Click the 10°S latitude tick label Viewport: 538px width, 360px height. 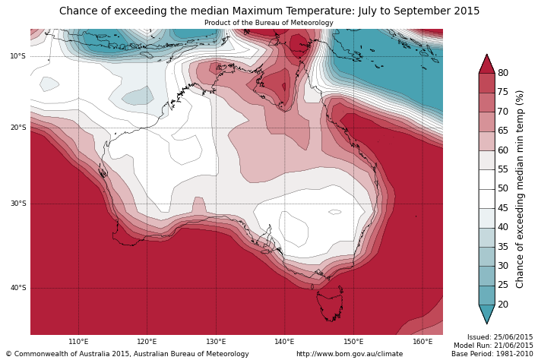click(x=17, y=56)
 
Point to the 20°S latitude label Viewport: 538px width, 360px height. click(x=17, y=128)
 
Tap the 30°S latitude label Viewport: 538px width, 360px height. click(x=17, y=204)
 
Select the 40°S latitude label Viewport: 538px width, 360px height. click(x=17, y=288)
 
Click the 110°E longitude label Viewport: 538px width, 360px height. click(x=78, y=342)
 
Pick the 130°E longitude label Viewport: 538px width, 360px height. click(x=216, y=342)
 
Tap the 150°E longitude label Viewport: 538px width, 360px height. click(x=353, y=342)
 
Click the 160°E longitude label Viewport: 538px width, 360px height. click(x=422, y=342)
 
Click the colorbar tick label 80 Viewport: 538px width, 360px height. click(x=503, y=73)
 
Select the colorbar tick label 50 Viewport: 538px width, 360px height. click(x=503, y=188)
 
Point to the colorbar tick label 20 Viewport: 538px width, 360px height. click(x=503, y=305)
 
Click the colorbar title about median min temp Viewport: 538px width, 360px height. click(x=521, y=188)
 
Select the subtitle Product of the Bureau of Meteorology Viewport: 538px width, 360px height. click(x=269, y=23)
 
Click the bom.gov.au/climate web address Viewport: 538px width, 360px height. click(x=350, y=354)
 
